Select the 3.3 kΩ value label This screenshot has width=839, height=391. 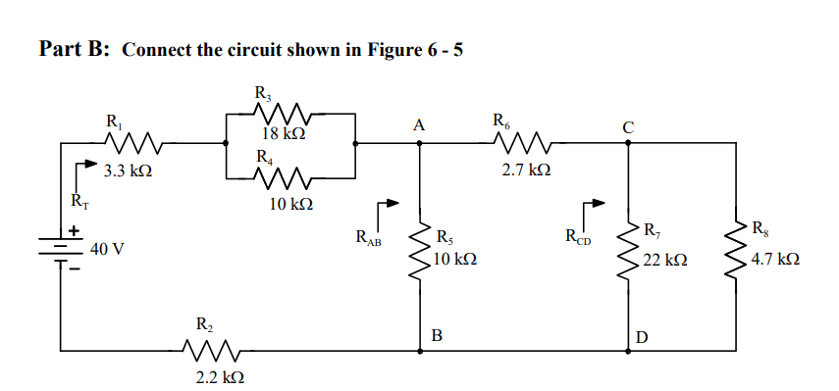pyautogui.click(x=127, y=171)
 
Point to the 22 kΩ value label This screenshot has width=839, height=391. pyautogui.click(x=664, y=262)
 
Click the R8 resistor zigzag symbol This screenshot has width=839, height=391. pyautogui.click(x=735, y=249)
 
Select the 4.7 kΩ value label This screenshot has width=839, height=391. pyautogui.click(x=774, y=262)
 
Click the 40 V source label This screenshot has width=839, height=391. pyautogui.click(x=107, y=249)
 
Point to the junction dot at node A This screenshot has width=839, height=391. pyautogui.click(x=421, y=143)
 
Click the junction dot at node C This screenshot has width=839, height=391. pyautogui.click(x=628, y=143)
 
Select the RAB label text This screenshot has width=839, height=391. pyautogui.click(x=368, y=236)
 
